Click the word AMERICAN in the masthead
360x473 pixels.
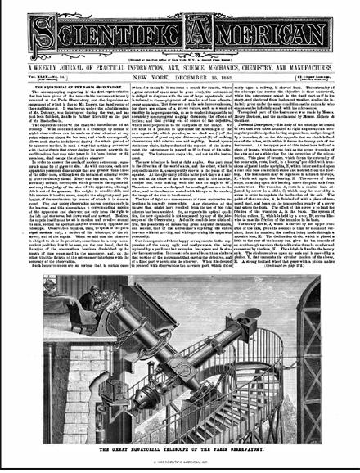click(x=258, y=30)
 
